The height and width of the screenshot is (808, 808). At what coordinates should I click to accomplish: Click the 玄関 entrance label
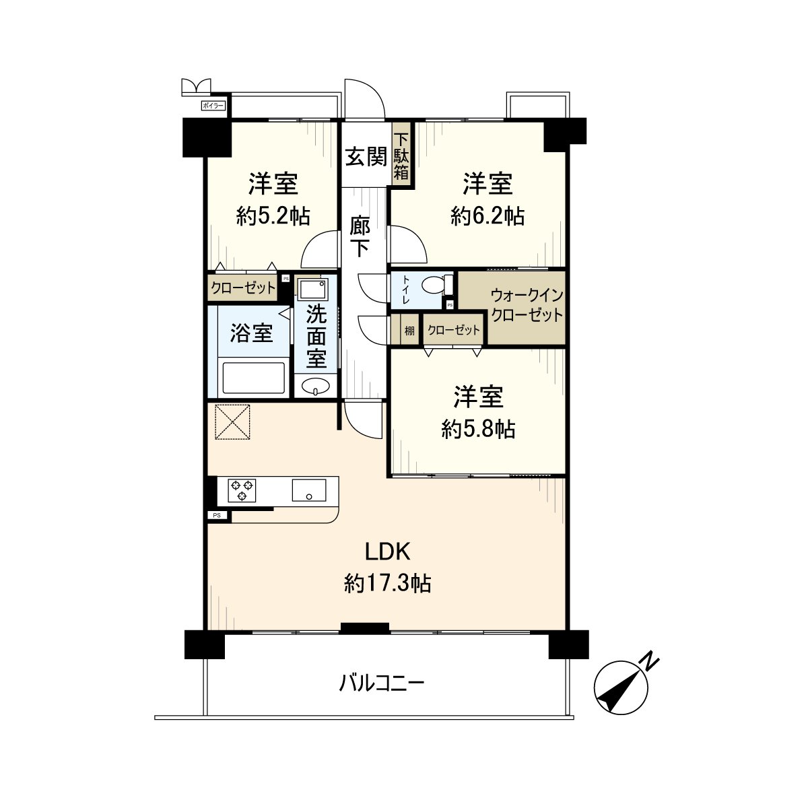click(x=366, y=157)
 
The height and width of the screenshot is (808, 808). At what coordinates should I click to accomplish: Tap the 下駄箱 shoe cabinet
click(x=401, y=156)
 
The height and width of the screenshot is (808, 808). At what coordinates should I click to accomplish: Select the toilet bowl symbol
click(x=432, y=286)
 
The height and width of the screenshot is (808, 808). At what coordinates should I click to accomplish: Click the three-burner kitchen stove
click(x=242, y=491)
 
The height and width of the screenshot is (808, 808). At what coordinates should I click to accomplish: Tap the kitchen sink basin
click(x=309, y=490)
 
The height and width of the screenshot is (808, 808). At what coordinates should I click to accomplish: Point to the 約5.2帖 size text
click(x=273, y=216)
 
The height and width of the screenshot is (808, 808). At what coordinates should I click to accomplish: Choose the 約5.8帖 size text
click(x=478, y=429)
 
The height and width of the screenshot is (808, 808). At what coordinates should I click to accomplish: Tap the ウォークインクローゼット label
click(x=527, y=305)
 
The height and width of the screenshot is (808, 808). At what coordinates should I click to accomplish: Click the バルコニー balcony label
click(x=381, y=685)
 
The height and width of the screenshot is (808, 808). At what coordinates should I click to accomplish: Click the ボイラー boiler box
click(x=215, y=106)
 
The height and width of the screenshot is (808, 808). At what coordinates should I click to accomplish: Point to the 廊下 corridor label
click(x=360, y=236)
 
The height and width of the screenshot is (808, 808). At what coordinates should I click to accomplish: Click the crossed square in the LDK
click(x=232, y=422)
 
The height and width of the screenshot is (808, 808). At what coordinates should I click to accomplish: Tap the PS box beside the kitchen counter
click(x=217, y=516)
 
